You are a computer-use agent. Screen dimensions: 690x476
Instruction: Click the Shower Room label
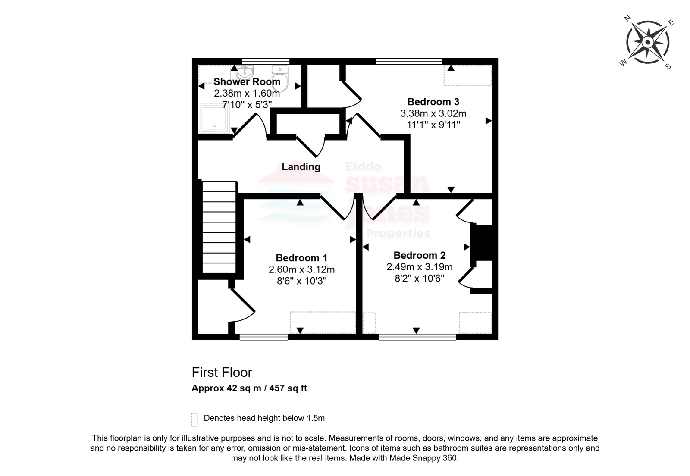pos(247,81)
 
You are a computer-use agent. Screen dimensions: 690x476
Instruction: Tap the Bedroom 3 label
pos(433,102)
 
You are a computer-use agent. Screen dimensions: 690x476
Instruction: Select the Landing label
pos(301,167)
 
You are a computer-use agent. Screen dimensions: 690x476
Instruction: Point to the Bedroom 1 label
pos(301,258)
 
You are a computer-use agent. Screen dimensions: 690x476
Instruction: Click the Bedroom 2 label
pos(420,255)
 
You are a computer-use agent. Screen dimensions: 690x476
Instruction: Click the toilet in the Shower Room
pos(280,78)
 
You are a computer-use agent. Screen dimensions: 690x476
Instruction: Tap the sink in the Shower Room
pos(245,72)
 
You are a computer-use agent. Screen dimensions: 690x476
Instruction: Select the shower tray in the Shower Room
pos(215,118)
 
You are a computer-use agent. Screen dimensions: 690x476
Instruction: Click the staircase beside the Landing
pos(219,227)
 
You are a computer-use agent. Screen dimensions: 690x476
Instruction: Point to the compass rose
pos(647,42)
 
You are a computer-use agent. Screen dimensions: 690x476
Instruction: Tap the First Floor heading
pos(222,372)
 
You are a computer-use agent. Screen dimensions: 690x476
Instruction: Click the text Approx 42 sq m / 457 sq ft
pos(249,388)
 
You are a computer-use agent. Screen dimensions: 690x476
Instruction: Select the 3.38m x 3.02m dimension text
pos(433,113)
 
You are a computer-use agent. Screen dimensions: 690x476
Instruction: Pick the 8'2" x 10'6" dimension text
pos(420,279)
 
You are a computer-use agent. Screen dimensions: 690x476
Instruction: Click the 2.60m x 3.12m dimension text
pos(301,269)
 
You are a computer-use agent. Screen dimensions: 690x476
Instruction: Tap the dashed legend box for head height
pos(194,420)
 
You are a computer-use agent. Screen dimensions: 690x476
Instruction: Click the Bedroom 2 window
pos(417,337)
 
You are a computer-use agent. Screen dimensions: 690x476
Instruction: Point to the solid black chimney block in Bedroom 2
pos(483,243)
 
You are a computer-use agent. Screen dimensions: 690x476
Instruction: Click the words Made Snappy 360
pos(423,458)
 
